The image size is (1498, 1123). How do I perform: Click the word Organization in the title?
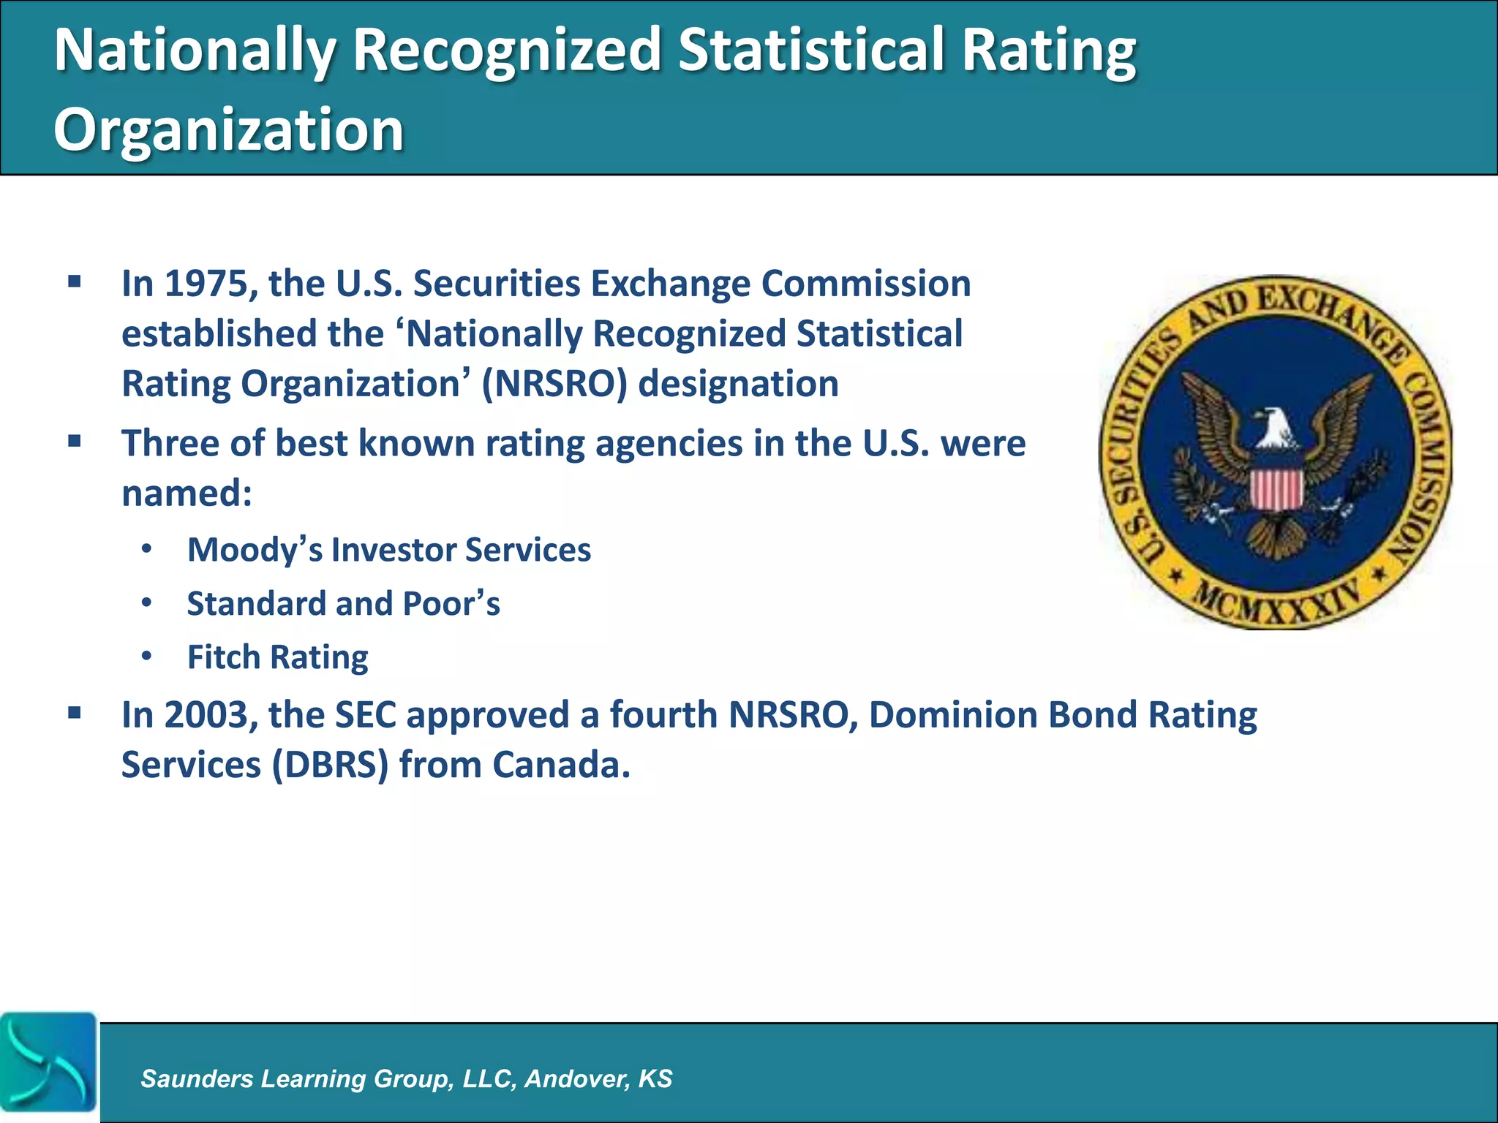tap(228, 129)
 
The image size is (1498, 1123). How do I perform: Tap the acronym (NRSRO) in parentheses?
tap(554, 384)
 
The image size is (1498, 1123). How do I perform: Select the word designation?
tap(738, 384)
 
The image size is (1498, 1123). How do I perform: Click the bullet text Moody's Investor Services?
tap(388, 550)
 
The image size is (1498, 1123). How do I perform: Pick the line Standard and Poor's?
tap(343, 604)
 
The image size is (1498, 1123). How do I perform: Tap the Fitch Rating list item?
tap(277, 657)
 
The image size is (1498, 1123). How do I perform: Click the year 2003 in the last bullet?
tap(206, 715)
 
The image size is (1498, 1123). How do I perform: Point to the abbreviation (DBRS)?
tap(330, 765)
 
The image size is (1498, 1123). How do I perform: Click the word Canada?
tap(560, 765)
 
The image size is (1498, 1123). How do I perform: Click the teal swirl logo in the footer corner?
tap(48, 1065)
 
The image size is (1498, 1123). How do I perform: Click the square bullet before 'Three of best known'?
tap(75, 442)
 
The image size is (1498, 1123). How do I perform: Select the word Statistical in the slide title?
tap(810, 50)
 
